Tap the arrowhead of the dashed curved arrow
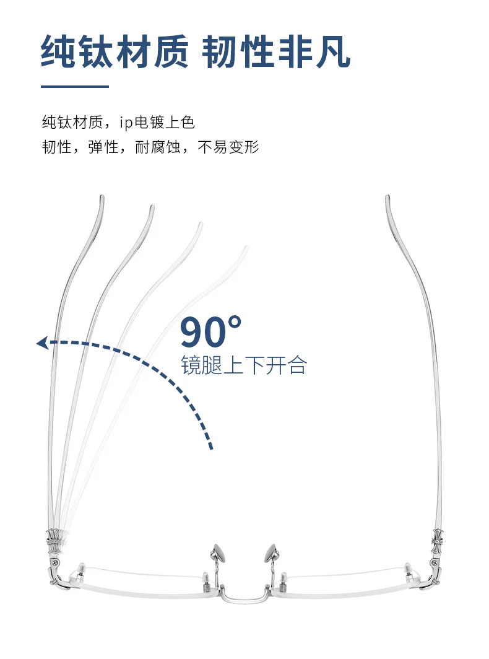[x=42, y=343]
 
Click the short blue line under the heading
[x=74, y=86]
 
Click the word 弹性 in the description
[x=103, y=148]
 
